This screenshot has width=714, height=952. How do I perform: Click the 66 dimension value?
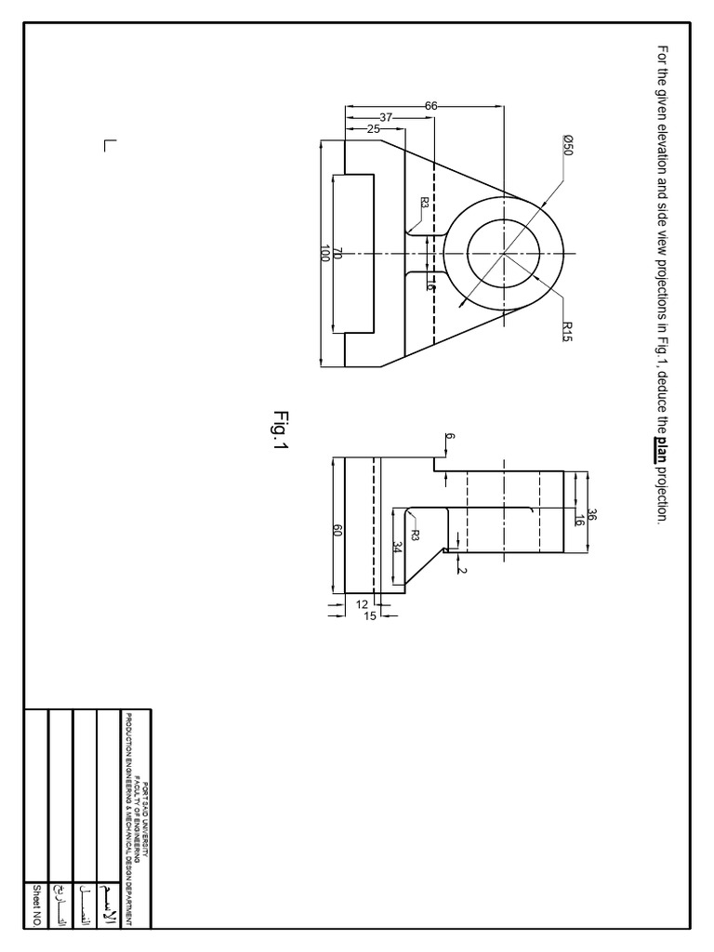[x=431, y=106]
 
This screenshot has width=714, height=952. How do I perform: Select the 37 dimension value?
[x=386, y=117]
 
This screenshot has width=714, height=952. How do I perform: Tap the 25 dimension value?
[x=373, y=129]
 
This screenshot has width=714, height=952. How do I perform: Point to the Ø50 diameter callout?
[x=567, y=145]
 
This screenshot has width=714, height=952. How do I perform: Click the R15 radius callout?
[x=566, y=332]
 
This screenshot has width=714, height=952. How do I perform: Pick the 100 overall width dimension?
[x=324, y=254]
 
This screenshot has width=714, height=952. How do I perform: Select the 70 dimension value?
[x=338, y=254]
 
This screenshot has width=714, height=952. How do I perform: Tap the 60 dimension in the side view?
[x=338, y=530]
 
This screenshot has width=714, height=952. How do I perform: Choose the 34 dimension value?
[x=397, y=548]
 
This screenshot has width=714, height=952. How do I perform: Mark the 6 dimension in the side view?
[x=450, y=437]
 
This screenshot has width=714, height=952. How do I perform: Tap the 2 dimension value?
[x=461, y=570]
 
